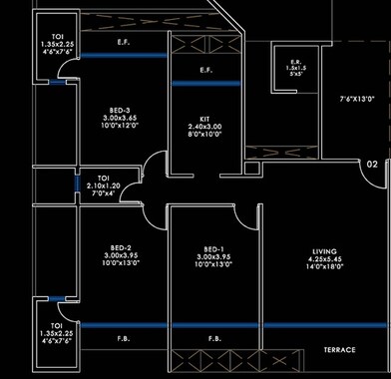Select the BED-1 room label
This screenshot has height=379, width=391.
pos(213,248)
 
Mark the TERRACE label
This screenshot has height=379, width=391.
pos(340,350)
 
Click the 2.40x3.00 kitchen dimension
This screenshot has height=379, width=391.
pos(205,127)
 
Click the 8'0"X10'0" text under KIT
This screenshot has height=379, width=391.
pos(205,135)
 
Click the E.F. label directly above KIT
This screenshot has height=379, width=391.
pos(206,70)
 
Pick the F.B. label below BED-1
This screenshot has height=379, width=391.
pos(213,339)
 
